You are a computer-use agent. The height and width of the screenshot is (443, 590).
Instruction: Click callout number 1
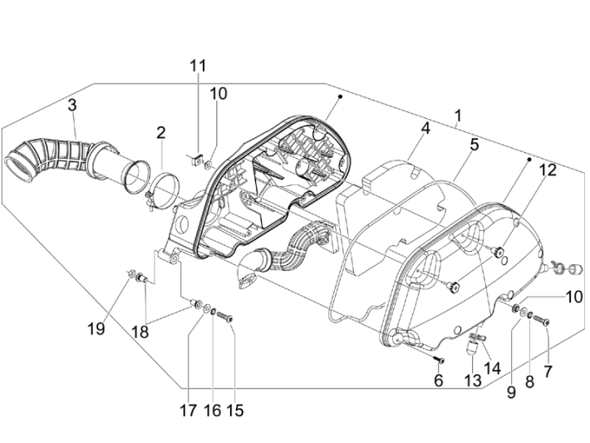pyautogui.click(x=458, y=116)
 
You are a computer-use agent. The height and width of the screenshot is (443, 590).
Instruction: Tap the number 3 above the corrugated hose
pyautogui.click(x=72, y=106)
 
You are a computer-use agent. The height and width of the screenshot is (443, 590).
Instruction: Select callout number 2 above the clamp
pyautogui.click(x=160, y=132)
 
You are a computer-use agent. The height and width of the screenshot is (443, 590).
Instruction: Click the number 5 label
pyautogui.click(x=474, y=144)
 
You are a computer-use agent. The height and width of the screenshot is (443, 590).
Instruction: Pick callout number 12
pyautogui.click(x=546, y=170)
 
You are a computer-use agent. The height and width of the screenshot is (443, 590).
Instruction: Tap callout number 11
pyautogui.click(x=197, y=66)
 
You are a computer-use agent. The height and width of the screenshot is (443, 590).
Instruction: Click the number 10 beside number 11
pyautogui.click(x=218, y=93)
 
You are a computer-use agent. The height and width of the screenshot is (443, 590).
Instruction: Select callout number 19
pyautogui.click(x=97, y=327)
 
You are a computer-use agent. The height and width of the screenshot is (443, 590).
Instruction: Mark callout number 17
pyautogui.click(x=188, y=410)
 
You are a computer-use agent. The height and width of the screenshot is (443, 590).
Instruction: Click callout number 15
pyautogui.click(x=236, y=410)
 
